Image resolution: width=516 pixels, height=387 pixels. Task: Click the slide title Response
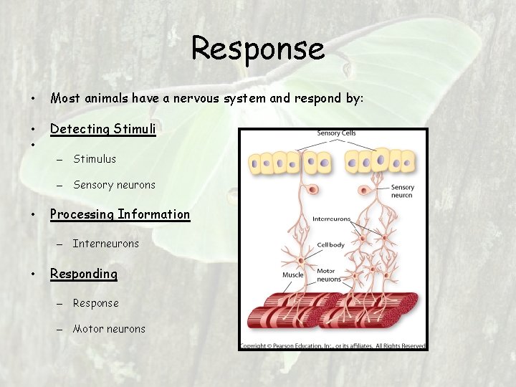[258, 49]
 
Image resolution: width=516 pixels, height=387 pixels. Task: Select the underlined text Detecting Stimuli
[102, 129]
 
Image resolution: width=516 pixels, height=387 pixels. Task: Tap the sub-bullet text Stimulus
[94, 159]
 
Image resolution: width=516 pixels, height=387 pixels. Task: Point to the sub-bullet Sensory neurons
[114, 185]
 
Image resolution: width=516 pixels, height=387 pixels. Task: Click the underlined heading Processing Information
[120, 214]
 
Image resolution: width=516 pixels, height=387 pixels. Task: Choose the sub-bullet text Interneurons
[106, 244]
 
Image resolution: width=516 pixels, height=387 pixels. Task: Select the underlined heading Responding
[83, 274]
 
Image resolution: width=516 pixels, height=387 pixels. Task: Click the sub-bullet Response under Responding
[95, 303]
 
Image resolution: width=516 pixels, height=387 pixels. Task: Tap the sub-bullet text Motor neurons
[109, 329]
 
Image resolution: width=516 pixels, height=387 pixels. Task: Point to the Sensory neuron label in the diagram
[402, 191]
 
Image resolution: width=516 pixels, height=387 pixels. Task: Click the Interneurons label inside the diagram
[331, 219]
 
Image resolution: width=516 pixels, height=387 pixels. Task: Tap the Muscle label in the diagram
[292, 274]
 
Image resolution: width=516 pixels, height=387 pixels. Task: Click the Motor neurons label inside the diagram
[329, 275]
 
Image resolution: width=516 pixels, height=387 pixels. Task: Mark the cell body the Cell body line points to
[302, 260]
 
